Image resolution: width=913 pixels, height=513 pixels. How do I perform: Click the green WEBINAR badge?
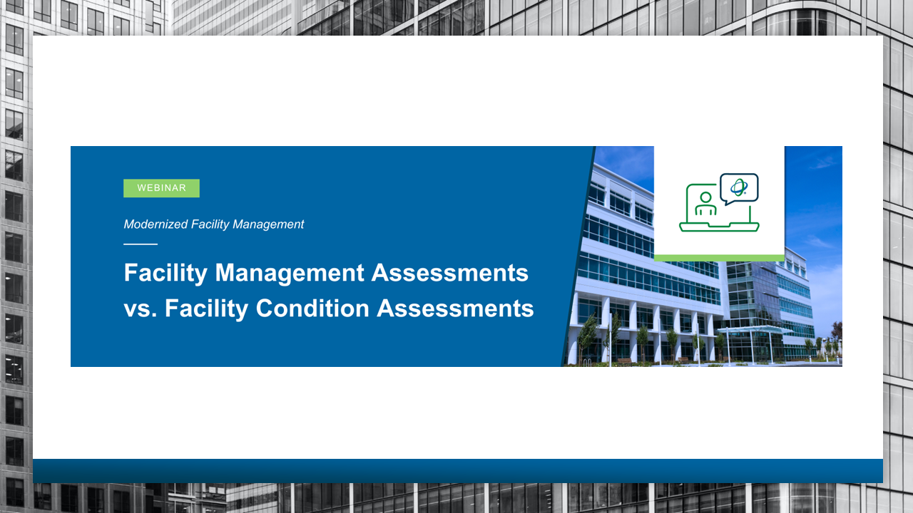(161, 188)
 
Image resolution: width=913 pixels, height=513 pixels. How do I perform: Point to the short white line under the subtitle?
(141, 244)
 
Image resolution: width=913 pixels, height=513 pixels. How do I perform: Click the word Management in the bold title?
(290, 273)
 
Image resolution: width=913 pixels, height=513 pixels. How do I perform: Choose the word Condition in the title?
(312, 309)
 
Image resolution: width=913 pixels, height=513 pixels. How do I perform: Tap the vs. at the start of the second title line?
(141, 309)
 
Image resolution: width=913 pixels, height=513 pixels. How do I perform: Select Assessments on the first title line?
(450, 273)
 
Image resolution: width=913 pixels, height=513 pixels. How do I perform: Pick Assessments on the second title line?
(455, 309)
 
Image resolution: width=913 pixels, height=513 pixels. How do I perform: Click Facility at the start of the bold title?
(165, 273)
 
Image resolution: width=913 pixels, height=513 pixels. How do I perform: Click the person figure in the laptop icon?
(705, 204)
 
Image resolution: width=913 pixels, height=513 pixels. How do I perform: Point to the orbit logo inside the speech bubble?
(738, 187)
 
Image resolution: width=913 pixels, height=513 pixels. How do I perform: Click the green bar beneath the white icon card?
(719, 258)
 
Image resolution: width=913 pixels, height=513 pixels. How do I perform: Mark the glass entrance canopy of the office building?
(754, 330)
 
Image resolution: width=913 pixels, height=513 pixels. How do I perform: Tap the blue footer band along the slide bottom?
(458, 471)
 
